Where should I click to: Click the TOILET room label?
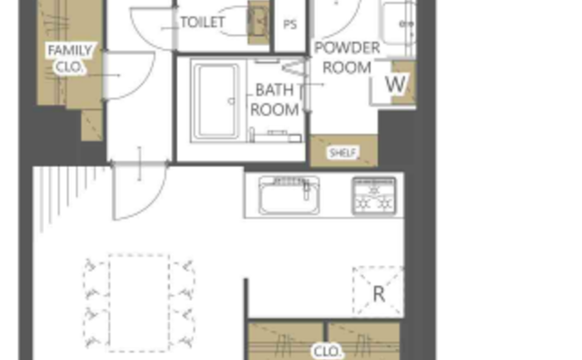click(x=203, y=22)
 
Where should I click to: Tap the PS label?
click(x=290, y=24)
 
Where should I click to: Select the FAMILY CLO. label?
click(x=70, y=59)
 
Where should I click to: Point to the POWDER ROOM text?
click(x=347, y=58)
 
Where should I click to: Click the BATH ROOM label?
click(x=274, y=100)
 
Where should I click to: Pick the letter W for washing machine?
click(x=396, y=84)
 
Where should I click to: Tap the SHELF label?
click(x=343, y=152)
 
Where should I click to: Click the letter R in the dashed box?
click(x=378, y=294)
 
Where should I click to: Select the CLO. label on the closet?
click(x=327, y=352)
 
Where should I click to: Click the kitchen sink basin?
click(x=289, y=195)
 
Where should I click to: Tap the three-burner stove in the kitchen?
click(x=374, y=196)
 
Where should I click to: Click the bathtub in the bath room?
click(x=216, y=101)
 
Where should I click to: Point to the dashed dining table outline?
click(x=139, y=303)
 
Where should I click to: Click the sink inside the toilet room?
click(x=259, y=22)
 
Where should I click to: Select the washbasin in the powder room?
click(x=397, y=23)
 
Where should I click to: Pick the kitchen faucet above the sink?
click(x=306, y=190)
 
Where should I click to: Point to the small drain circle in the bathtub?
click(x=231, y=101)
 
